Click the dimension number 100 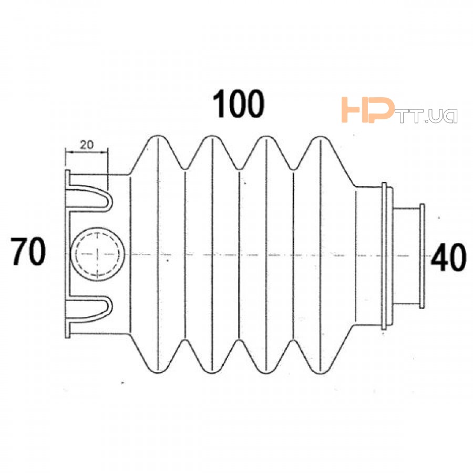click(238, 104)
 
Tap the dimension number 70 click(28, 251)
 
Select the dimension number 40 click(449, 257)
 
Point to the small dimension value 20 click(87, 145)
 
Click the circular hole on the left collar click(97, 254)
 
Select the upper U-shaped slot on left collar click(89, 198)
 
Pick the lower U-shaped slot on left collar click(89, 309)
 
